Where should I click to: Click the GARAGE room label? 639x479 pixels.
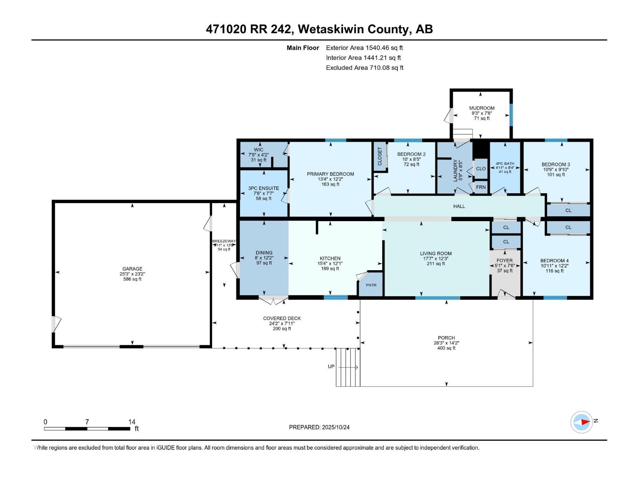coord(132,269)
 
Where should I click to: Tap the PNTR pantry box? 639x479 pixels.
coord(371,285)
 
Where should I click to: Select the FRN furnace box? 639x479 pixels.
coord(481,187)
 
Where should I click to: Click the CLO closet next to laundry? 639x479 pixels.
coord(481,168)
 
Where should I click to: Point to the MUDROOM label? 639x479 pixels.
coord(482,108)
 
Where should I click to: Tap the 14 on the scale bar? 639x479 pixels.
coord(132,422)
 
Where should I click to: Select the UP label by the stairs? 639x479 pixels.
coord(331,366)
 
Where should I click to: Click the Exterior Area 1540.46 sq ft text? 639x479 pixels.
coord(364,48)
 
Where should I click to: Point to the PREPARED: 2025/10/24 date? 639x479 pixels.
coord(319,427)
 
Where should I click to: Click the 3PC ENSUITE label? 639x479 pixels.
coord(264,188)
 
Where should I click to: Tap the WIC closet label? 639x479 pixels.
coord(258,150)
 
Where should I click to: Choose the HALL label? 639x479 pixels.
coord(459,206)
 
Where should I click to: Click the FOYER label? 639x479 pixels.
coord(504,260)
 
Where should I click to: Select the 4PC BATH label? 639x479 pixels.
coord(505,164)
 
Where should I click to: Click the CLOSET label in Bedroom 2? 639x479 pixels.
coord(380,156)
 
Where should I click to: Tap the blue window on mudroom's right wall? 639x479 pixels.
coord(510,115)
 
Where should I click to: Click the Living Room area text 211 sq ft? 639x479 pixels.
coord(436,264)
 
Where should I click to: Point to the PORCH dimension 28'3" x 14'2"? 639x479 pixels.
coord(446,343)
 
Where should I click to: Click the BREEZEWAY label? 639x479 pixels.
coord(224,241)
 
